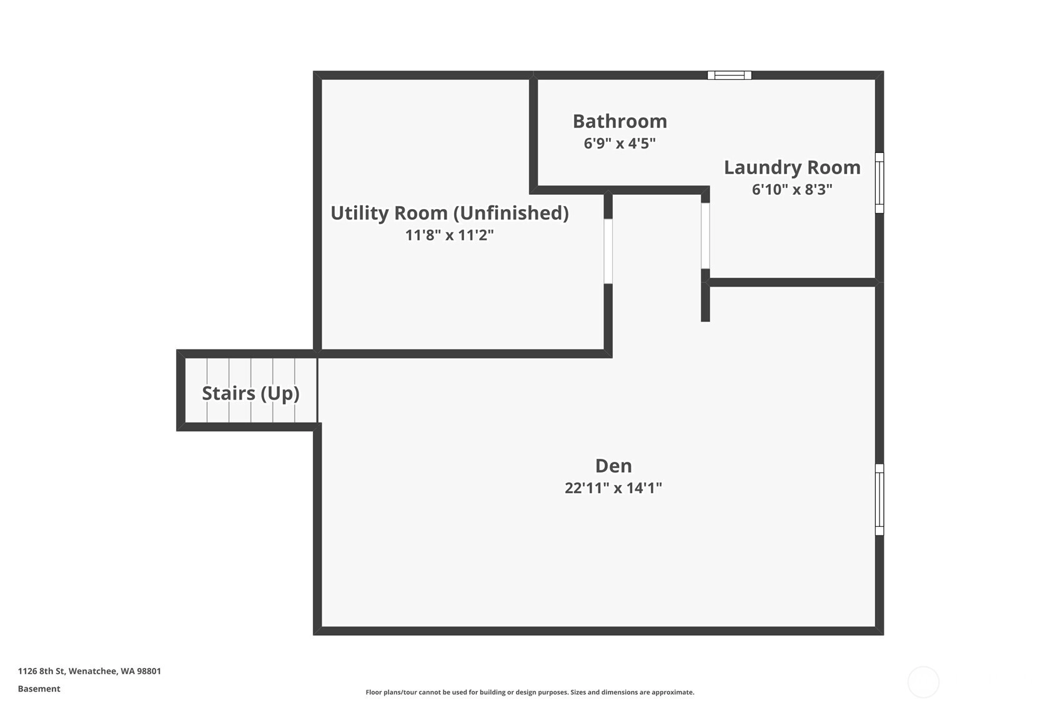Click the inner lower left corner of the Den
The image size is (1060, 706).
tap(322, 627)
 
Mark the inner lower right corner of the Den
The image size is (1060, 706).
tap(875, 627)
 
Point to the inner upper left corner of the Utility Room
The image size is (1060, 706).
tap(322, 79)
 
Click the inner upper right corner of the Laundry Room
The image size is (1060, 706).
tap(875, 79)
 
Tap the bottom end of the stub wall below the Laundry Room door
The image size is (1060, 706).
tap(705, 321)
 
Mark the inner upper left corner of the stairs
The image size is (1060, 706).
tap(185, 358)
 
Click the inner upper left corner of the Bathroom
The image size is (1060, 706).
tap(538, 79)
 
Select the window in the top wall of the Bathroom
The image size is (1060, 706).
tap(729, 75)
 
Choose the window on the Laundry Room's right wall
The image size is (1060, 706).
tap(879, 182)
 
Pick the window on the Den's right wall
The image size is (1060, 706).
tap(879, 499)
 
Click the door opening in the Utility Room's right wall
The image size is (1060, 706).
tap(608, 251)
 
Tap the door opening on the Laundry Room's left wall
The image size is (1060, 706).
tap(705, 236)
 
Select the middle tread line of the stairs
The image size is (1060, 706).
tap(251, 390)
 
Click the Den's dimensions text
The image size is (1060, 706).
tap(613, 488)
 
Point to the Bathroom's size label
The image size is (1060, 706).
tap(620, 144)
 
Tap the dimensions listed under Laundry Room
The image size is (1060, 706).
tap(792, 190)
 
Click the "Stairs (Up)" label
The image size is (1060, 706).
tap(251, 393)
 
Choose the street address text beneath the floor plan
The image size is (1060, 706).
tap(89, 671)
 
